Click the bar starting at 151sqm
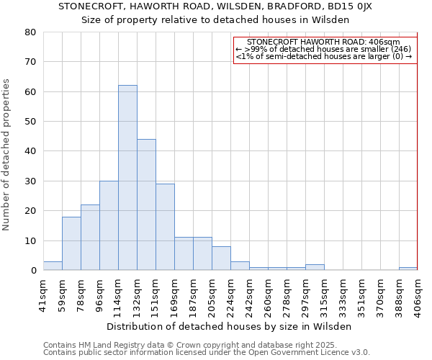[165, 227]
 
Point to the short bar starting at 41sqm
[53, 266]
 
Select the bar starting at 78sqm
[90, 238]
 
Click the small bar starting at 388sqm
[408, 269]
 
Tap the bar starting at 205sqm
[221, 258]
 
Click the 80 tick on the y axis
[30, 32]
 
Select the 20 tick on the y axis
[30, 211]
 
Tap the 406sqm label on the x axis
[418, 292]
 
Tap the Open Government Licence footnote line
[206, 352]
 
